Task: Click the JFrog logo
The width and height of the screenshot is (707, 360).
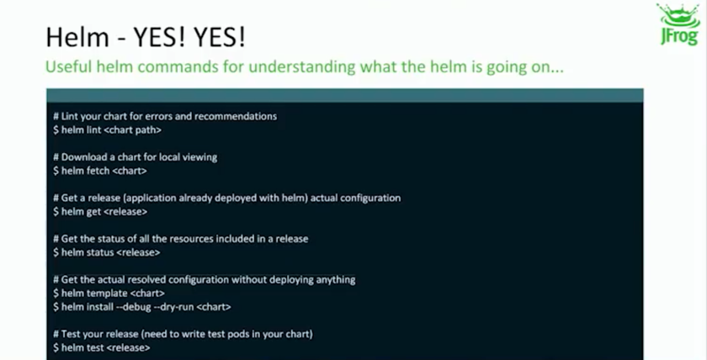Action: pos(679,25)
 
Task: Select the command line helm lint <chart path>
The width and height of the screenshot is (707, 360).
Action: pos(107,130)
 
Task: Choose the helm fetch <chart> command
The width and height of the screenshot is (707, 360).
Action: pos(99,171)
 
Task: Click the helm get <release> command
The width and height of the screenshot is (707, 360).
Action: pos(99,211)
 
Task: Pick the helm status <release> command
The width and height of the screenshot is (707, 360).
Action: pos(106,252)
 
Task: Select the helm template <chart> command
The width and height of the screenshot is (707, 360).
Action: pos(109,293)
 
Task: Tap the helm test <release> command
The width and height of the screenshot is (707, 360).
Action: pos(101,347)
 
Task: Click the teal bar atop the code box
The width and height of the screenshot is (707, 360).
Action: pos(345,95)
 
